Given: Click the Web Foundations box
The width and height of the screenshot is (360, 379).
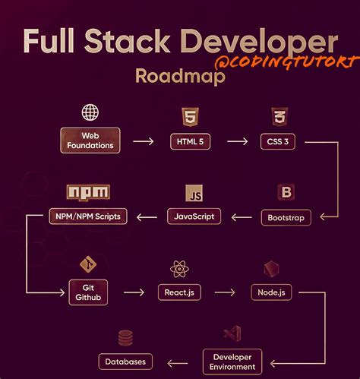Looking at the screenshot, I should point(90,141).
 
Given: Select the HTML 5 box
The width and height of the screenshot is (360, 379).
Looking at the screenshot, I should point(189,141).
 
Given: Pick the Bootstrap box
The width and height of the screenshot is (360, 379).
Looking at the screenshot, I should point(286,217).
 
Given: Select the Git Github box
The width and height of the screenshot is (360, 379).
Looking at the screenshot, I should point(88,292).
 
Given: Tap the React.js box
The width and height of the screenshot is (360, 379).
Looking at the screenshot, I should point(179,292).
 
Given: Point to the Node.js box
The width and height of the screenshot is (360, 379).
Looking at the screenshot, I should point(271,292).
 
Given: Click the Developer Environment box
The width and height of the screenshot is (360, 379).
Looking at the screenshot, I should point(232,362).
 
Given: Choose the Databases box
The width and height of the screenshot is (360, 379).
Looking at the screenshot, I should point(125,362).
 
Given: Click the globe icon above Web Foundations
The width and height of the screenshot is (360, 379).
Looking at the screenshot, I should point(90,113).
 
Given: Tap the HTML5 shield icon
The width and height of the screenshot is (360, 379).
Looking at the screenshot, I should point(189,117).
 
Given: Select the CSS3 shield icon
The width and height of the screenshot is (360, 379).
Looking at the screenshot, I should point(278,117).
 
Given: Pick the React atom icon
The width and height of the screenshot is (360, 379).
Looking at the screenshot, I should point(180,267).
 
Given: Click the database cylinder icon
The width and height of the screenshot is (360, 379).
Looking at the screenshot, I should point(125,338).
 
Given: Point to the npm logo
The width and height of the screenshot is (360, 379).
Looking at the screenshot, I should point(88,192).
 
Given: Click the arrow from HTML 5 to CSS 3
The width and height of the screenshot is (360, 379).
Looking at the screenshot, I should point(237,141).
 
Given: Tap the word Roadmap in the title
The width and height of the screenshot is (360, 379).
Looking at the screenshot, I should point(180,77).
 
